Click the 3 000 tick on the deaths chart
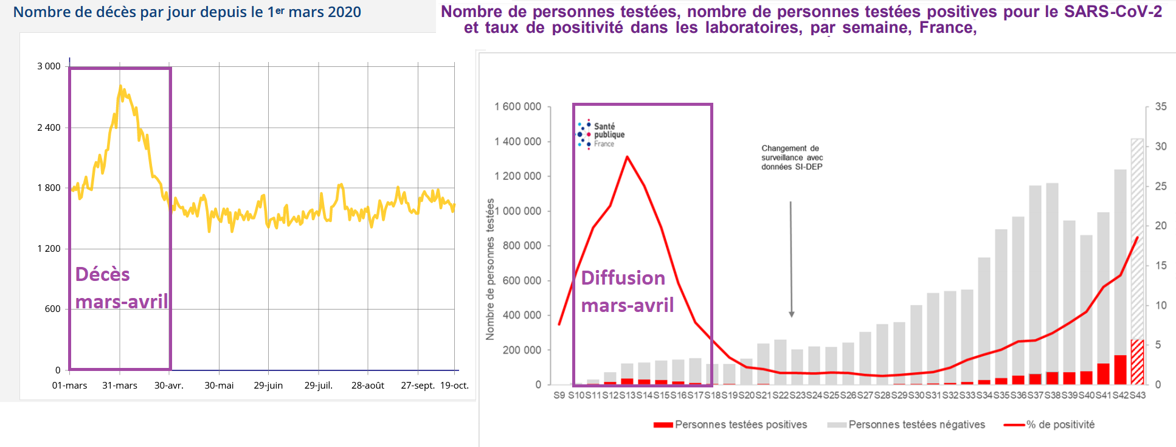[49, 66]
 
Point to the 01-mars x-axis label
[69, 386]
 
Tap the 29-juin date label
[268, 386]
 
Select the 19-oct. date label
[454, 386]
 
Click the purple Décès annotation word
[102, 274]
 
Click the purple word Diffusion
[623, 278]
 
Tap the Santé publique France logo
[600, 134]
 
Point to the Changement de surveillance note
[792, 158]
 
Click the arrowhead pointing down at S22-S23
[791, 314]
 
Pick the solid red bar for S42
[1120, 370]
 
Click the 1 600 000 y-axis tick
[517, 107]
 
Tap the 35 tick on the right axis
[1161, 107]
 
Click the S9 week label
[559, 395]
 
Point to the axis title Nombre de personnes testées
[490, 269]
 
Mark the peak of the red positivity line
[627, 157]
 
